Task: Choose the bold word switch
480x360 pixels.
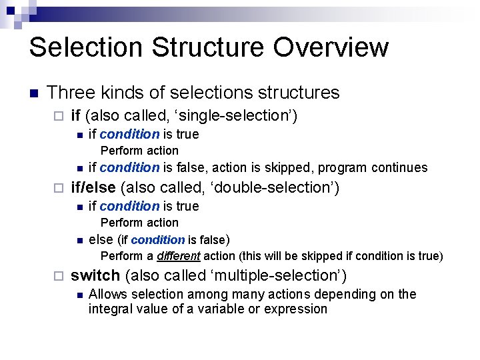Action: (x=95, y=275)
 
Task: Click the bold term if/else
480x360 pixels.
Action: (x=93, y=187)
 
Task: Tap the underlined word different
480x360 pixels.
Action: (x=179, y=256)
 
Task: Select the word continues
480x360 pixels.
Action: (x=399, y=167)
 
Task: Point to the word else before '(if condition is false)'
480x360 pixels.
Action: (x=101, y=239)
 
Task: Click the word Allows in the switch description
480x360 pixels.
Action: (x=107, y=294)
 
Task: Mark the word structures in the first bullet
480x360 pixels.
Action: (x=300, y=93)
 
